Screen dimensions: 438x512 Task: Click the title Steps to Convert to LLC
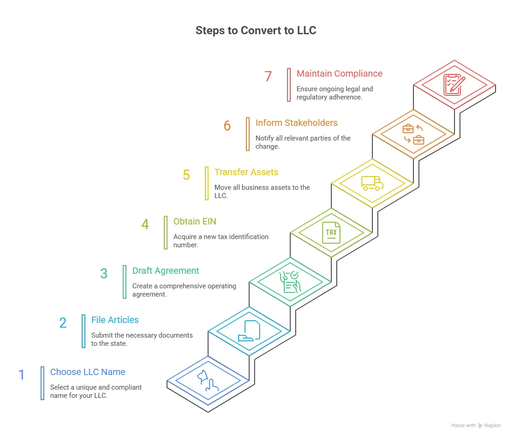coord(256,31)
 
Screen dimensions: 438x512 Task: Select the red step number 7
coord(268,76)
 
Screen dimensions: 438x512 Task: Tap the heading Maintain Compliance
coord(339,73)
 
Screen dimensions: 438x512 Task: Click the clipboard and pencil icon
coord(454,85)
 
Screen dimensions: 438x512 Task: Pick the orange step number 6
coord(227,125)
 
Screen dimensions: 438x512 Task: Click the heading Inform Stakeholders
coord(296,123)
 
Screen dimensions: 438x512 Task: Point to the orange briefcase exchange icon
coord(413,134)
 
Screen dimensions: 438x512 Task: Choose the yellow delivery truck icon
coord(372,183)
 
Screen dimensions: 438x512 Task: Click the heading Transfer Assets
coord(246,172)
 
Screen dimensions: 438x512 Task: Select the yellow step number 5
coord(186,175)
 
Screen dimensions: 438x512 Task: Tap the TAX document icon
coord(331,232)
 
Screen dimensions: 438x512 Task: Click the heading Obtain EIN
coord(194,221)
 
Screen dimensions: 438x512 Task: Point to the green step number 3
coord(104,273)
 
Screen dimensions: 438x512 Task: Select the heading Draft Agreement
coord(165,271)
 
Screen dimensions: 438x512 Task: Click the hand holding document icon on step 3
coord(290,282)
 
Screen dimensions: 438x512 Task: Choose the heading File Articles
coord(115,320)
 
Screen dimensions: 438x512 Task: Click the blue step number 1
coord(21,375)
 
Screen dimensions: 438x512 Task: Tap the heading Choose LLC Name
coord(88,372)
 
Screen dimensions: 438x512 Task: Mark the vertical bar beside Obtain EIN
coord(166,233)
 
